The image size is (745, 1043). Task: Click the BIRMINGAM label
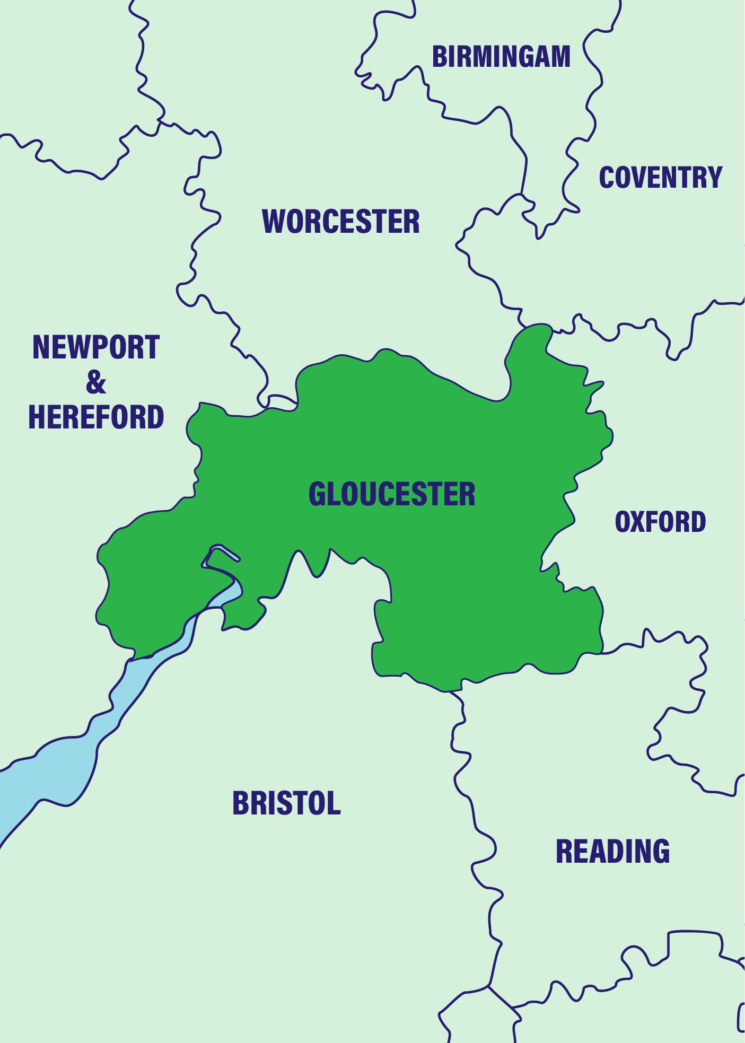501,57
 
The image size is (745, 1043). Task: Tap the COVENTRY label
660,178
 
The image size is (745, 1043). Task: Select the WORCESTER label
341,222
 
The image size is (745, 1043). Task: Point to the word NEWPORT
96,348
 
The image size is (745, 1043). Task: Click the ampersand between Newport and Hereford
96,382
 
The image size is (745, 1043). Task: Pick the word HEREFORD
96,417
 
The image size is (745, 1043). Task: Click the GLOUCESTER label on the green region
392,494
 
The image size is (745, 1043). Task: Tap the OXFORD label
660,522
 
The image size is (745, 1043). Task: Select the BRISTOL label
286,803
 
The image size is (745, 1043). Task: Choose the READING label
612,852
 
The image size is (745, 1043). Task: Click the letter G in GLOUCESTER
318,494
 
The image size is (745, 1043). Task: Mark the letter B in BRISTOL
241,803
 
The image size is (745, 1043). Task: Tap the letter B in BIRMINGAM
440,57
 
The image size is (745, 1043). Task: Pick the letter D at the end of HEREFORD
155,417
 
